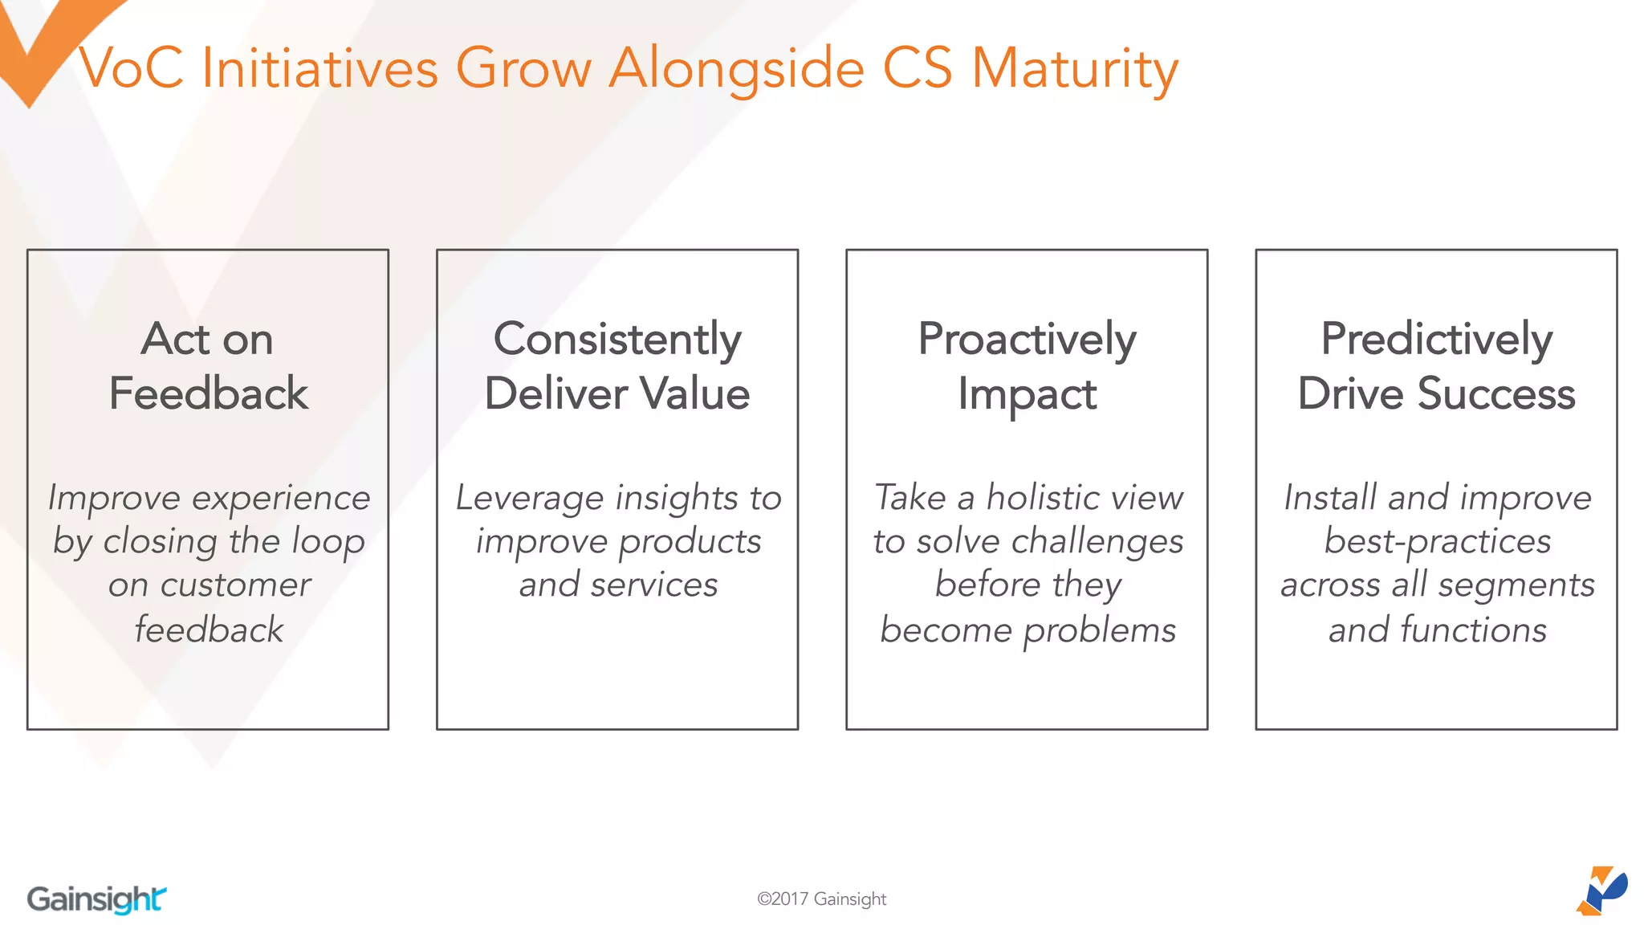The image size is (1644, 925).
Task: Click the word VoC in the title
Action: click(132, 67)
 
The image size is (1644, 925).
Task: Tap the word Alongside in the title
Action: click(736, 69)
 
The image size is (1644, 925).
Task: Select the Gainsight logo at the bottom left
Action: click(96, 899)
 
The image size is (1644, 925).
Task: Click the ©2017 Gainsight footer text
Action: click(821, 899)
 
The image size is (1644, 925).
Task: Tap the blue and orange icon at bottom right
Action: click(1602, 890)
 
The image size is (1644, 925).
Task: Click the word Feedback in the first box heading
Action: click(208, 393)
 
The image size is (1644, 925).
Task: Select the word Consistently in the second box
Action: click(616, 339)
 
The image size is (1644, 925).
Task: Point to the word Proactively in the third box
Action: click(1027, 339)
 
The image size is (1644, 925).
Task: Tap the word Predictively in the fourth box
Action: click(1436, 339)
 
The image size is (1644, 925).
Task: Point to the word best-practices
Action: click(1437, 541)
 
